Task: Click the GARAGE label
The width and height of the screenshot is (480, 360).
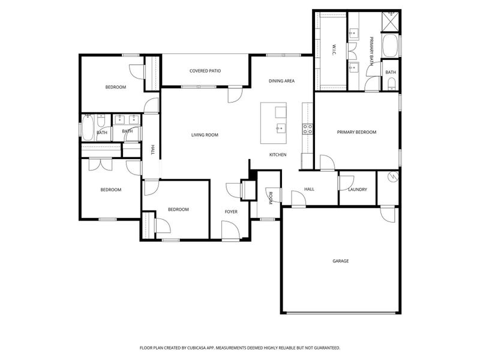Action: (x=341, y=261)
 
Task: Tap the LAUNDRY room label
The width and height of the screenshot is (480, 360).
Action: (x=358, y=190)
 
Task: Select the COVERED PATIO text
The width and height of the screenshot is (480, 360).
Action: (x=205, y=71)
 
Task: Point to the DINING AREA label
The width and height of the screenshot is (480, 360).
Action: (x=281, y=80)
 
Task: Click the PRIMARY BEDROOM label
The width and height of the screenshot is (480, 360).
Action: (x=356, y=132)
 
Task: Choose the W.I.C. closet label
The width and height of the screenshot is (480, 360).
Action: (x=334, y=49)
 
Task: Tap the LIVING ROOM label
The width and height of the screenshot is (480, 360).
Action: (x=205, y=135)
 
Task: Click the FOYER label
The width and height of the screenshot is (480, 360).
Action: (x=231, y=211)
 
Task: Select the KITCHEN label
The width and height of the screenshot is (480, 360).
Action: (x=277, y=155)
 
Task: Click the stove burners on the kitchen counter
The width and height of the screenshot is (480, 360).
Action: (x=307, y=127)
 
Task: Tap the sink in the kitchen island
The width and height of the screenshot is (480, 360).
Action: (x=280, y=127)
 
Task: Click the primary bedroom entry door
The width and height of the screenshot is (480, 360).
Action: (x=326, y=162)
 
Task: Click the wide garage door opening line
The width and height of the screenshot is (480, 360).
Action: (x=341, y=313)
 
